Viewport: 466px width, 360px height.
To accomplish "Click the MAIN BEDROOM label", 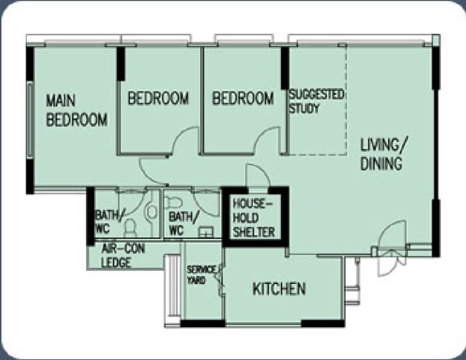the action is pos(77,110).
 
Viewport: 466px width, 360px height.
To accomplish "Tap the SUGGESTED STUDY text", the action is pos(316,101).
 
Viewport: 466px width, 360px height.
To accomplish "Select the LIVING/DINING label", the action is pos(384,154).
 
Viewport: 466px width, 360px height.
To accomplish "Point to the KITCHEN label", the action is pos(279,289).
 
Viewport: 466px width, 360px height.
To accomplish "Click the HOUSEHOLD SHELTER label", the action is pos(254,218).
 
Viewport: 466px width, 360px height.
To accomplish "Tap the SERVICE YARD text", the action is pos(201,275).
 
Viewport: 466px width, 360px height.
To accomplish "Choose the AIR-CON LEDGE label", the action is pos(123,256).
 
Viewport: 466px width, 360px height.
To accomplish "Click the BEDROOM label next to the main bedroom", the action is pos(159,98).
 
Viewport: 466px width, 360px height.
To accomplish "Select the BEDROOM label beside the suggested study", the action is pos(243,98).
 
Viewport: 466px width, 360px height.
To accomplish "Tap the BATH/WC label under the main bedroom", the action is pos(109,221).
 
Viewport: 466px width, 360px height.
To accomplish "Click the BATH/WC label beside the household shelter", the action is pos(183,223).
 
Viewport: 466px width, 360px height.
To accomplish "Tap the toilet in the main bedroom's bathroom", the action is pos(130,228).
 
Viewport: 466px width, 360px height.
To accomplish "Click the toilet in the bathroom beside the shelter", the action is pos(173,202).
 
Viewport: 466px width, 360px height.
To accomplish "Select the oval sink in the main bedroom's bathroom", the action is pos(151,211).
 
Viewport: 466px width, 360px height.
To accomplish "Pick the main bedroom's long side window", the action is pos(30,120).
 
